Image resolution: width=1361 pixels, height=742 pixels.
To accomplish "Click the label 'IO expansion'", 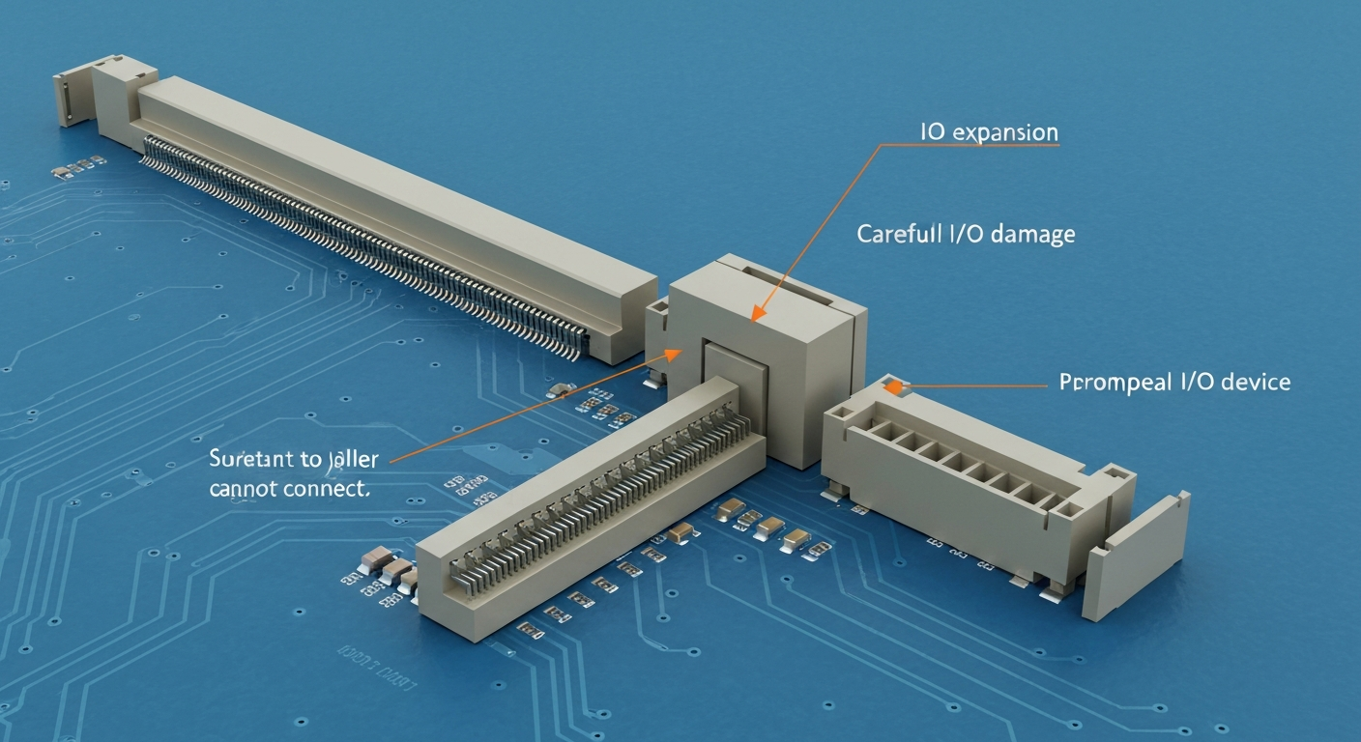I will tap(988, 133).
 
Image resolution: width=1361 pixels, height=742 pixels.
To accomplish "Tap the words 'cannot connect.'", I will tap(289, 488).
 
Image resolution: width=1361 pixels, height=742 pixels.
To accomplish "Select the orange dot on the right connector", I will tap(894, 386).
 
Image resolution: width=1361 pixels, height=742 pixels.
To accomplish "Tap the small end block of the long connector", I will tap(73, 98).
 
